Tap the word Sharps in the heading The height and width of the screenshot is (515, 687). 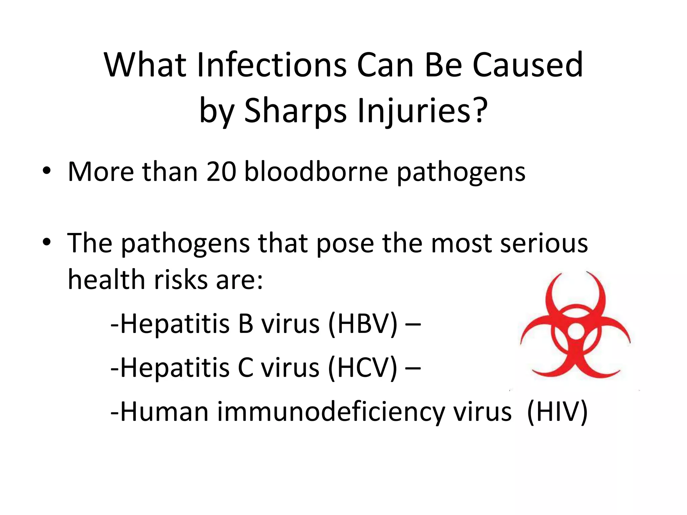pos(295,111)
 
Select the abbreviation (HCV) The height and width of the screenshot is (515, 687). pos(363,368)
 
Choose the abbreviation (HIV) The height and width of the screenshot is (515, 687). pos(557,412)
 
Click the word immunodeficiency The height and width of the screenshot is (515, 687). pos(331,412)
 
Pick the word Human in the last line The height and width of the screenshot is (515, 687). pos(164,412)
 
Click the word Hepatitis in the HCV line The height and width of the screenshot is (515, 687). pos(175,368)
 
